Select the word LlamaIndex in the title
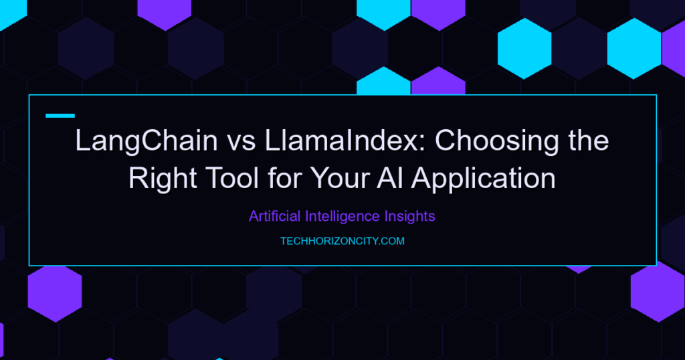click(x=342, y=141)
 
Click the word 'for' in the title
click(x=285, y=178)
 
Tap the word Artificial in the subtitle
click(x=275, y=216)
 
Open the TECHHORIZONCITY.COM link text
click(x=342, y=241)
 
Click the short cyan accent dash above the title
click(x=60, y=116)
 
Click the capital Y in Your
click(x=320, y=178)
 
